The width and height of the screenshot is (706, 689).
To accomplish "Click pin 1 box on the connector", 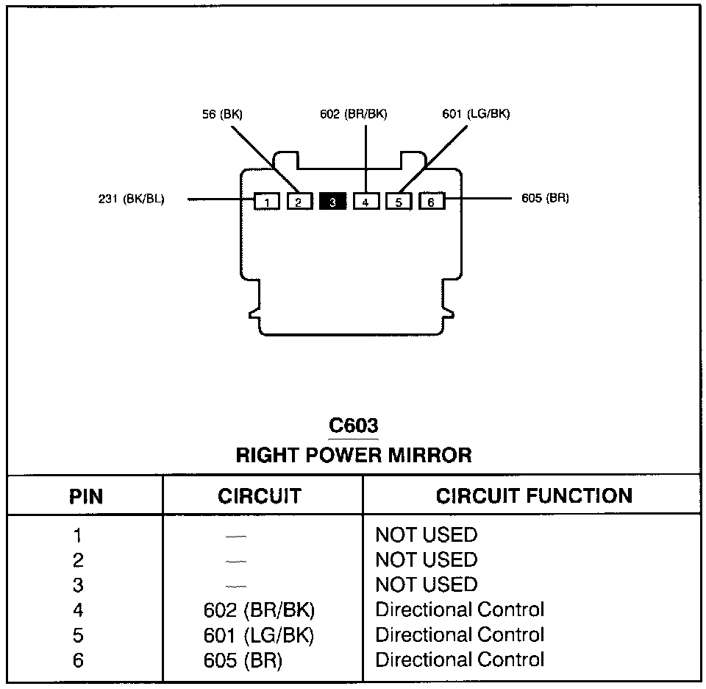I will click(267, 201).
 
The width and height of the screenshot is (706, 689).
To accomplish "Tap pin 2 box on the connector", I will click(300, 201).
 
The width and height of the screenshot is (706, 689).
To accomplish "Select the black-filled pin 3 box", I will click(332, 201).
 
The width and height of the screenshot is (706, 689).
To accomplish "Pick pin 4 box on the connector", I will click(366, 201).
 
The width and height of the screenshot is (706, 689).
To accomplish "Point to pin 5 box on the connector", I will click(399, 201).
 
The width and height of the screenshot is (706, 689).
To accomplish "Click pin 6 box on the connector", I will click(432, 201).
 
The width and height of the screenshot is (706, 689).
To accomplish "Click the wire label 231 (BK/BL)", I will click(132, 199).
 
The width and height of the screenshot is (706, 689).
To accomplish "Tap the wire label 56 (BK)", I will click(222, 114).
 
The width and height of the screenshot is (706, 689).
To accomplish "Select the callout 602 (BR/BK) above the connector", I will click(353, 114).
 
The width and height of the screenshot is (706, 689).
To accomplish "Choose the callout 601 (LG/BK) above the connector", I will click(476, 114).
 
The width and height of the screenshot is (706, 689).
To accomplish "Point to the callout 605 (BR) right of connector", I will click(545, 199).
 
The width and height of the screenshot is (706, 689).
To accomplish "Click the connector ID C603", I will click(353, 426).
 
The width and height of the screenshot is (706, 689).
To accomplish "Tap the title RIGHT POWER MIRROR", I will click(354, 455).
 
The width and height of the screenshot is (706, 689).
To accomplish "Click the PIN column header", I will click(86, 496).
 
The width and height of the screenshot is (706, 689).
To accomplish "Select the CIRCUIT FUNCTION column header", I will click(534, 496).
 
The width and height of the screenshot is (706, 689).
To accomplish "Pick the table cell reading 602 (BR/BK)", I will click(263, 610).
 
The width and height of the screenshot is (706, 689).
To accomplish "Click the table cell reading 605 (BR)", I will click(243, 660).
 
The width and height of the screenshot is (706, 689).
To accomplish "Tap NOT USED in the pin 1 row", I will click(427, 535).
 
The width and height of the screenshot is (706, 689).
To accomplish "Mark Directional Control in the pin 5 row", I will click(460, 635).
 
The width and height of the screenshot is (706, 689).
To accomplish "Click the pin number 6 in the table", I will click(78, 660).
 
